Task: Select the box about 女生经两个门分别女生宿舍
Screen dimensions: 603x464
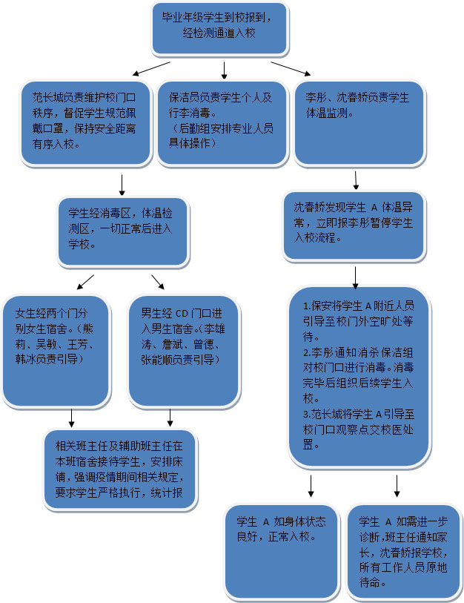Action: [x=56, y=349]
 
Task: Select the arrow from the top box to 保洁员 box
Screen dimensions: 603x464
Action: [x=223, y=70]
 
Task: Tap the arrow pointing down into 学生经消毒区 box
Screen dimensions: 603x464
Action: [x=122, y=183]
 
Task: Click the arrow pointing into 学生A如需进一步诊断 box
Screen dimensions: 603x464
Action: [x=398, y=486]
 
